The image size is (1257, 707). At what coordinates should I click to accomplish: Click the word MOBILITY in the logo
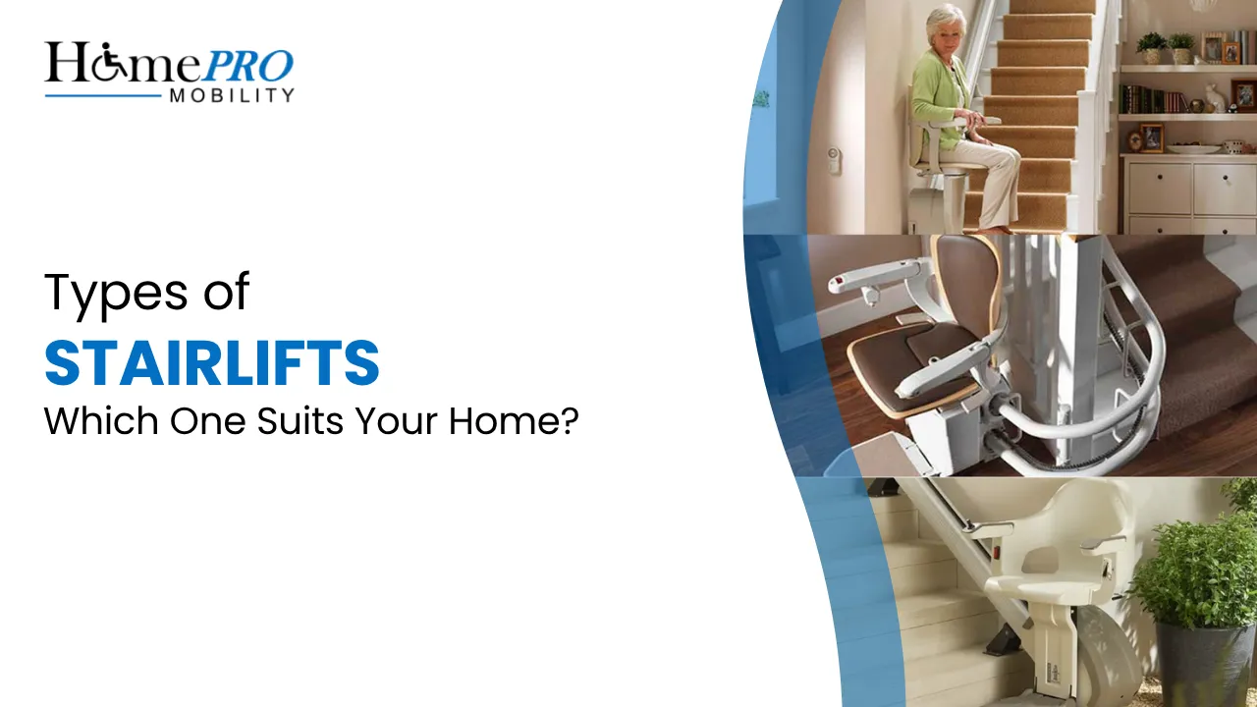point(231,95)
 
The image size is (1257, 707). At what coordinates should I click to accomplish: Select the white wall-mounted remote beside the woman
point(834,159)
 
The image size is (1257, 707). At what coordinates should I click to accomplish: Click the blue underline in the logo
point(102,95)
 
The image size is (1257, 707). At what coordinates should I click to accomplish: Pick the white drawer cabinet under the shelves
point(1187,191)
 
